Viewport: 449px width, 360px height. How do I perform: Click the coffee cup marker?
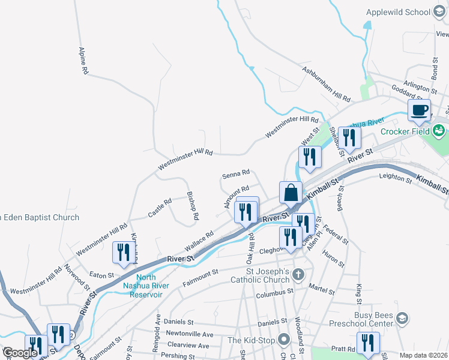pos(419,110)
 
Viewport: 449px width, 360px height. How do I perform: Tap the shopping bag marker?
pos(291,193)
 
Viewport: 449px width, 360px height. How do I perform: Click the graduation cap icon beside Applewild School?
pos(439,12)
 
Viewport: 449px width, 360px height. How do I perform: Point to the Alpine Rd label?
pos(84,61)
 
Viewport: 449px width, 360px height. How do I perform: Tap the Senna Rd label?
pos(236,175)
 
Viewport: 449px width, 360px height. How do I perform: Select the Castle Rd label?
pos(160,208)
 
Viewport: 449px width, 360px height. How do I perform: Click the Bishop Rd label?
pos(192,206)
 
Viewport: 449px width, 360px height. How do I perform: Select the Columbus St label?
pos(274,294)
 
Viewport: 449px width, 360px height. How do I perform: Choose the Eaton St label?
pos(101,275)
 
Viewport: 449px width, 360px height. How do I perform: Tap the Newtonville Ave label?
pos(190,334)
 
